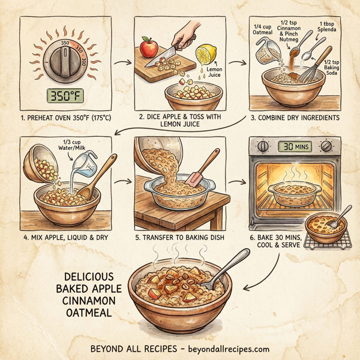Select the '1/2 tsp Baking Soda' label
[x=334, y=70]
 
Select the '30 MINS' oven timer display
[x=295, y=146]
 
